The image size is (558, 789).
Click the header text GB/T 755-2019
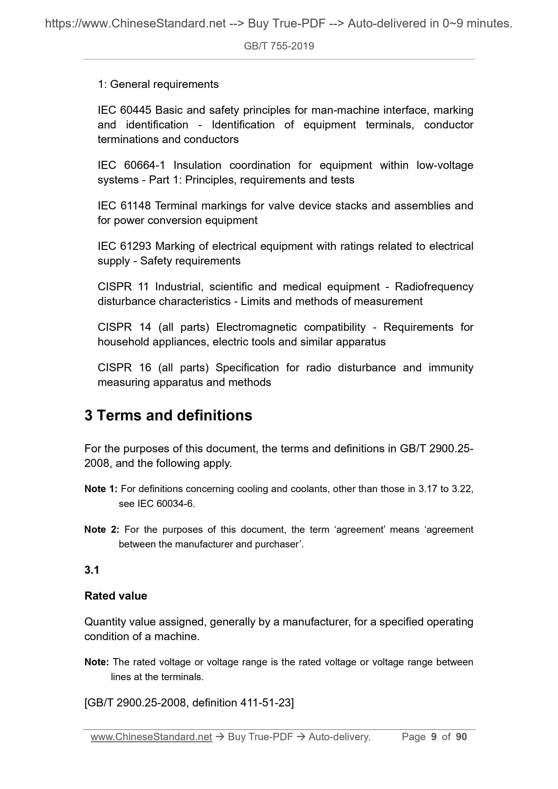click(x=279, y=46)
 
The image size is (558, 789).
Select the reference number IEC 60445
click(x=124, y=110)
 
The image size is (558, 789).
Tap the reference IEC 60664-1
click(x=131, y=165)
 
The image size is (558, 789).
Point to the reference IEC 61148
click(x=124, y=205)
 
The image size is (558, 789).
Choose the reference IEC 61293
click(x=124, y=246)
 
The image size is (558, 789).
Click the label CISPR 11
click(x=124, y=287)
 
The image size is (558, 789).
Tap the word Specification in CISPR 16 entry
click(x=247, y=368)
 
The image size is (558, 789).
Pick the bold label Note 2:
click(x=102, y=529)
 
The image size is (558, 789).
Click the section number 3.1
click(x=92, y=570)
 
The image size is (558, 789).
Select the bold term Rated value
click(x=116, y=596)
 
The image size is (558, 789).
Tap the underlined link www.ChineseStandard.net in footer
click(x=151, y=737)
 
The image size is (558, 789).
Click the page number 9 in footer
click(x=434, y=737)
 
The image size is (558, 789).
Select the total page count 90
click(x=461, y=737)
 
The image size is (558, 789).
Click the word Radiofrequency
click(x=434, y=287)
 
